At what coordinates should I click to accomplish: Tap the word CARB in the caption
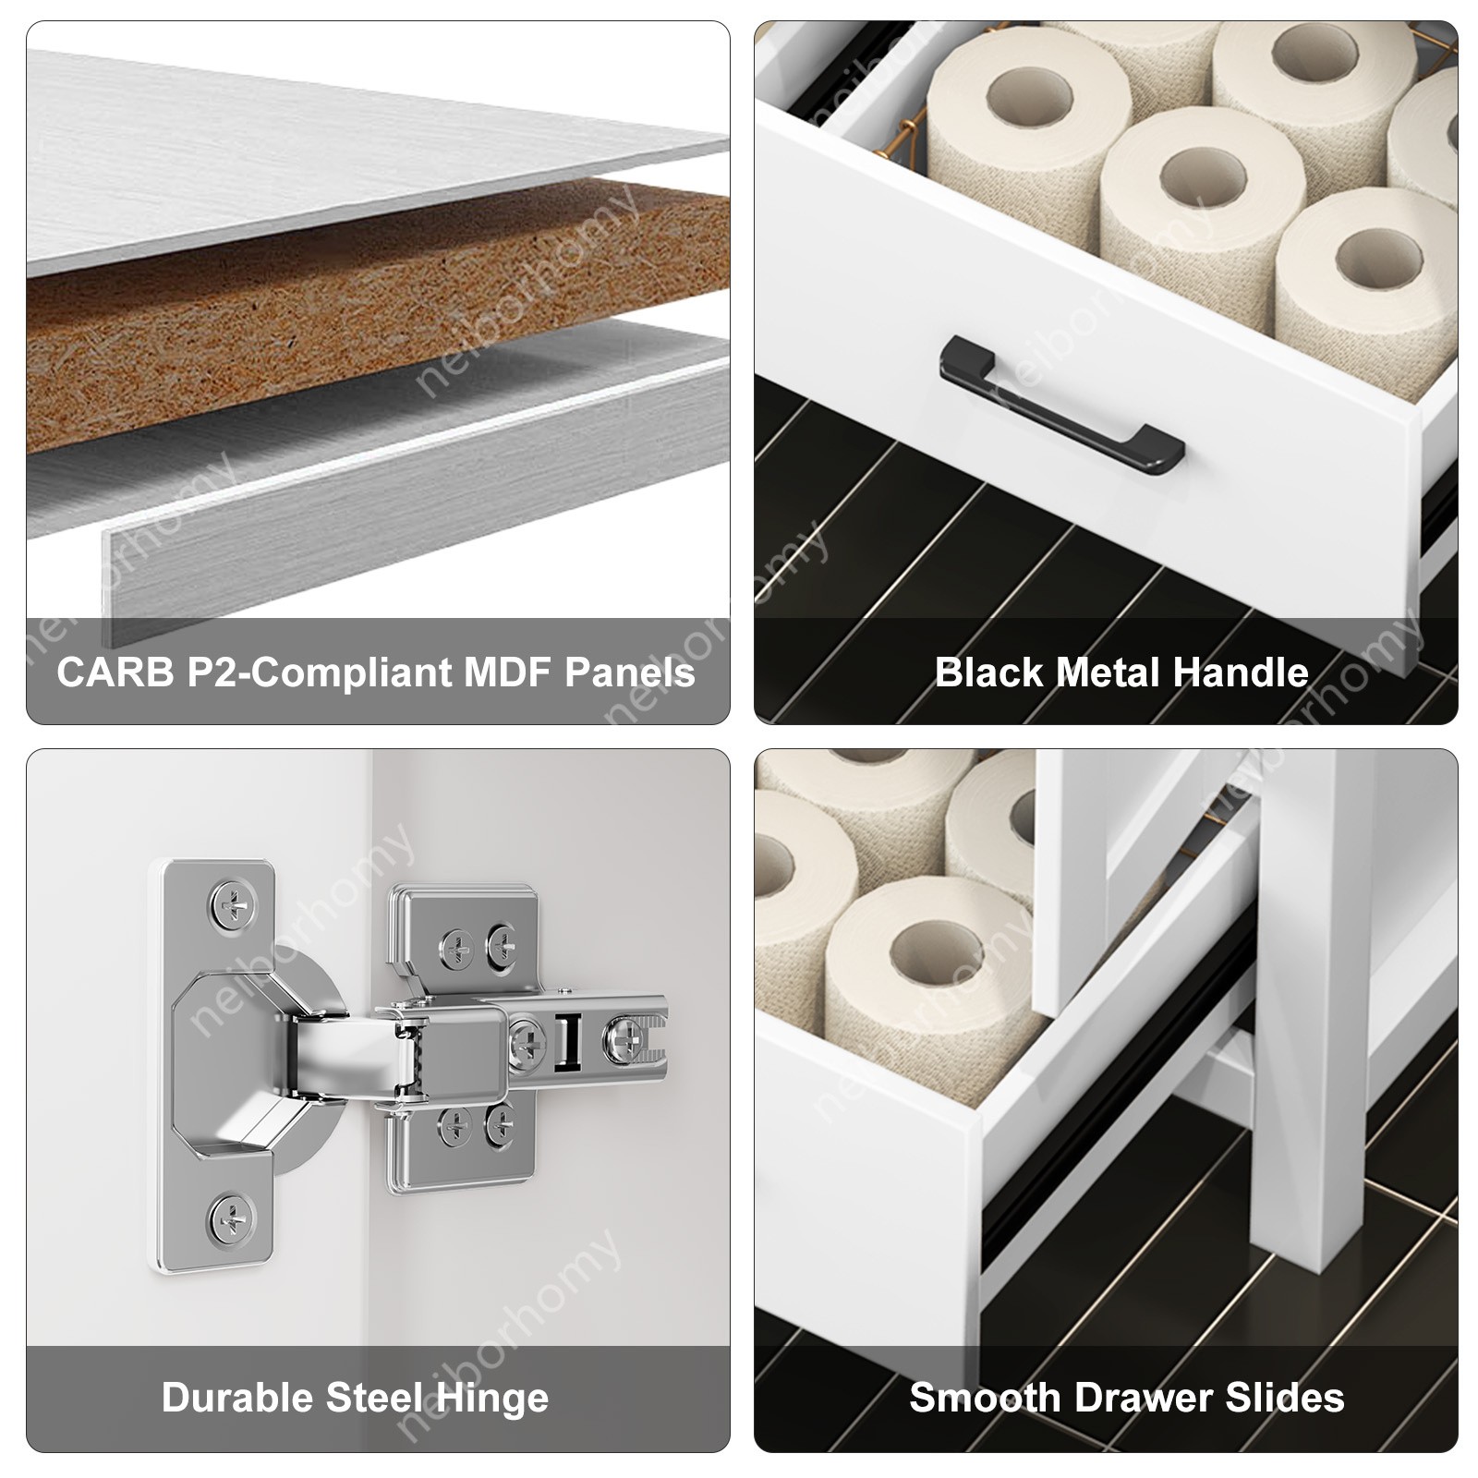click(x=115, y=672)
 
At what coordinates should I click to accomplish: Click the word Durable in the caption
click(x=238, y=1398)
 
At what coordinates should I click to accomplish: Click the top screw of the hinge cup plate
click(x=228, y=907)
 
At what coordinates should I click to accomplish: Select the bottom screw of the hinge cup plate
click(x=228, y=1218)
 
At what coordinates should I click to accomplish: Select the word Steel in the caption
click(x=375, y=1398)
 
